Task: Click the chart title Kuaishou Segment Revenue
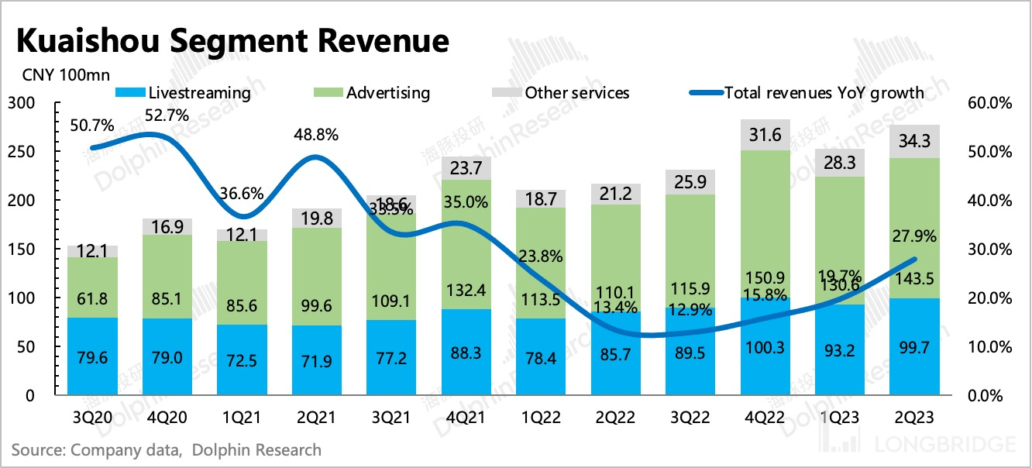230,40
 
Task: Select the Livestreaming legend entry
183,93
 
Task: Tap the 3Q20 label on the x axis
93,418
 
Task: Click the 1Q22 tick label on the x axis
542,418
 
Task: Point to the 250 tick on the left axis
22,152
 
